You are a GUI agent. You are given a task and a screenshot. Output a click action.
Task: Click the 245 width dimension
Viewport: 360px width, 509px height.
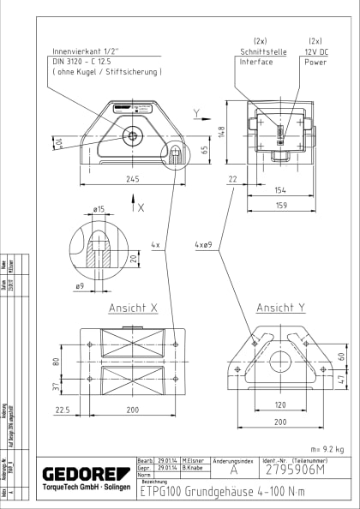(x=131, y=179)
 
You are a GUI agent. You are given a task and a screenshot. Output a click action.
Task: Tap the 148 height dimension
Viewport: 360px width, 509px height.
(x=220, y=131)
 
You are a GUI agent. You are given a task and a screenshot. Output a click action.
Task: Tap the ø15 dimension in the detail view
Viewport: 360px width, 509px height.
(x=99, y=208)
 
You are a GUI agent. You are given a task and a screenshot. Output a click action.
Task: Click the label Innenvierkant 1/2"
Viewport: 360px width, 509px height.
(x=87, y=51)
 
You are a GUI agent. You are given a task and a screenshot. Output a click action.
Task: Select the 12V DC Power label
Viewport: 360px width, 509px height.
(x=315, y=56)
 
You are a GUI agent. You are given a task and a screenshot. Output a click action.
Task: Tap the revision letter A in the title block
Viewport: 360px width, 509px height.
(x=233, y=470)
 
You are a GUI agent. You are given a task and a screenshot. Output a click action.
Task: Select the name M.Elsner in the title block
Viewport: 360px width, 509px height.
(x=191, y=462)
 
